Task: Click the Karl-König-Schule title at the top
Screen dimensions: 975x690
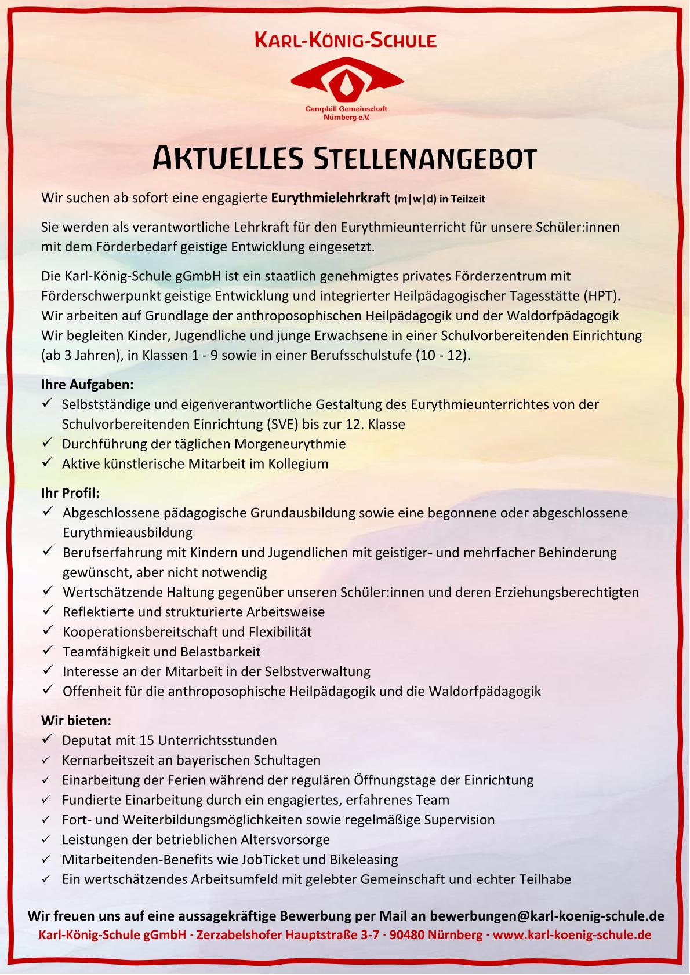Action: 346,41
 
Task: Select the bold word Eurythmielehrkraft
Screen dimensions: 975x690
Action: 331,198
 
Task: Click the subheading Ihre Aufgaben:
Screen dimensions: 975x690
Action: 88,384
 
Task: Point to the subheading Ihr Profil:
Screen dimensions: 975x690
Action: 71,493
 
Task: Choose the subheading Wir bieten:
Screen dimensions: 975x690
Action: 76,721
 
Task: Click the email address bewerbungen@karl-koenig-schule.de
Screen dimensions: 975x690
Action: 547,916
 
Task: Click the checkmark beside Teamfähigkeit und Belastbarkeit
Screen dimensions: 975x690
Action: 48,651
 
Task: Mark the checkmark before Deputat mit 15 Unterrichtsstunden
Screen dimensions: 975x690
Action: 48,740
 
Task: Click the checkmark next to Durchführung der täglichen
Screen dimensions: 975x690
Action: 48,444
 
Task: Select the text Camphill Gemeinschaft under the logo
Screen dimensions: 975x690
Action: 346,109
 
